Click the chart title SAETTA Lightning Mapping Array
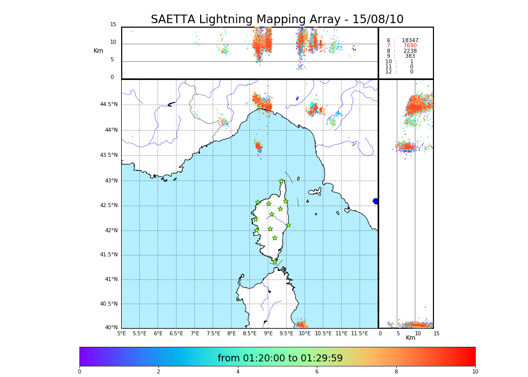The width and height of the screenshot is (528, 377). click(277, 20)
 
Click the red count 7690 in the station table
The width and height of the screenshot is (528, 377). click(410, 46)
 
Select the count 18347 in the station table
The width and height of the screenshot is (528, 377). click(410, 40)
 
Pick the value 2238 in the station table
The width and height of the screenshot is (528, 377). click(410, 51)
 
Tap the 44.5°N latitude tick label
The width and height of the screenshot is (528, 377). click(109, 105)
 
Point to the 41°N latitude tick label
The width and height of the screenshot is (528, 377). click(110, 279)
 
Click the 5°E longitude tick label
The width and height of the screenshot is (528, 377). click(122, 333)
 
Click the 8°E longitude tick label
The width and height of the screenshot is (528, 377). click(231, 333)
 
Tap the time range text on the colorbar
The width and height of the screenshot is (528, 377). click(280, 358)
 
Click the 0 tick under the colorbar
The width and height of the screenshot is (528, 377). click(79, 371)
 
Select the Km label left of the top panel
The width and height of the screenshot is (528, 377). click(99, 51)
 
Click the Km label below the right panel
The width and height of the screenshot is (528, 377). click(411, 338)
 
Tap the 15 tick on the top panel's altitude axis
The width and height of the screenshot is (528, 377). click(113, 25)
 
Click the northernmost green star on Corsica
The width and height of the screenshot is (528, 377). click(282, 181)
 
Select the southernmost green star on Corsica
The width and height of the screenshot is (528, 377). click(275, 261)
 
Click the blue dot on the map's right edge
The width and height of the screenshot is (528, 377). click(376, 201)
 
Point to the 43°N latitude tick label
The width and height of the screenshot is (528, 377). click(110, 181)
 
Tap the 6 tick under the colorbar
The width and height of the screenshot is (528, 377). click(316, 371)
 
